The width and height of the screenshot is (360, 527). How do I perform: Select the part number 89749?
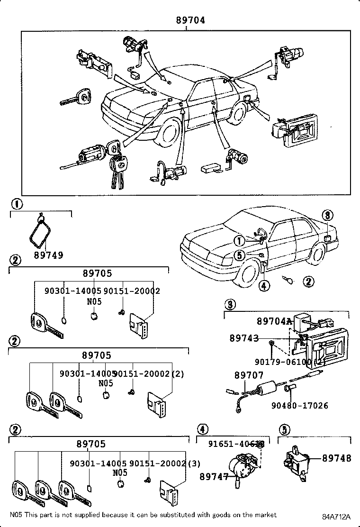tap(48, 255)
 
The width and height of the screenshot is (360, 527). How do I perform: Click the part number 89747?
tap(214, 476)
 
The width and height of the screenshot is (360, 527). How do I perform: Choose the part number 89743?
tap(244, 338)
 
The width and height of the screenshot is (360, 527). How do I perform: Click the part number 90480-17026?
tap(300, 406)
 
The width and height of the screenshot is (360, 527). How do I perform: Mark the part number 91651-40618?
tap(236, 444)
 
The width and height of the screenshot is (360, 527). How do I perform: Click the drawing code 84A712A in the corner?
tap(337, 516)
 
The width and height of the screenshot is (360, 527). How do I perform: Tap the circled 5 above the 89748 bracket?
tap(284, 429)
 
